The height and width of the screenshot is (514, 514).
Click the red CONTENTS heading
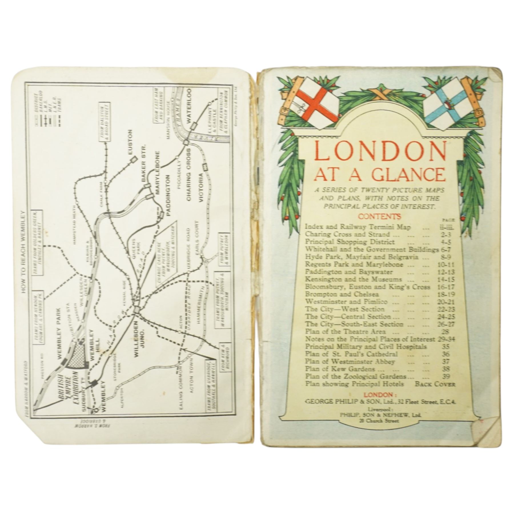point(380,216)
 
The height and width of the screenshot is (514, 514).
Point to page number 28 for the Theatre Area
point(445,332)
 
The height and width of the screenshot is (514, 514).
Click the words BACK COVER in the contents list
point(435,384)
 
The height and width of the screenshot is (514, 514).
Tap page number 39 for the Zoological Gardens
point(446,376)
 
